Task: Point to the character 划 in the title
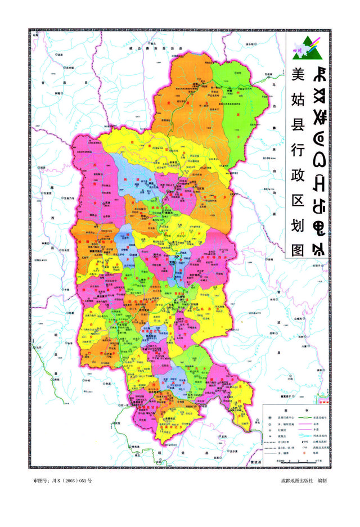296,225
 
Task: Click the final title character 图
296,250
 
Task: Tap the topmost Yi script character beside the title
319,73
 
